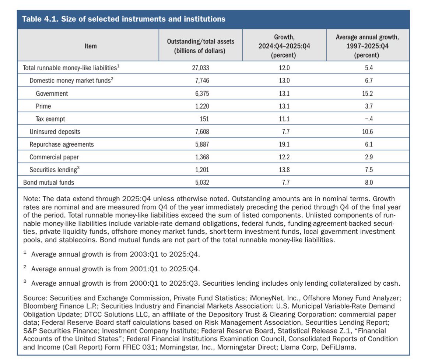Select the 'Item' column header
[91, 46]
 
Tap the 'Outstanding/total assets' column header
[200, 41]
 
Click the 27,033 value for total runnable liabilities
[200, 68]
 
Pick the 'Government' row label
[52, 93]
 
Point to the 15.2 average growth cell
[367, 93]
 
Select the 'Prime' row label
[43, 106]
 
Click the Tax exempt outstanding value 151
[204, 119]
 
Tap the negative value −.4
[369, 119]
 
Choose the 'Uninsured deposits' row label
[55, 132]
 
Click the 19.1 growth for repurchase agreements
[284, 144]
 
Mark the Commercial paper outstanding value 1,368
[202, 157]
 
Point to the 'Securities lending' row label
[55, 169]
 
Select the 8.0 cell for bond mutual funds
[369, 182]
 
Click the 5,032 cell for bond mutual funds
[202, 182]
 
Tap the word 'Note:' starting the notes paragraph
[32, 199]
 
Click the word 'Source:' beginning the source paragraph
[35, 298]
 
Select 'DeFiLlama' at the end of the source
[338, 347]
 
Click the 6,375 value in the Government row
[202, 93]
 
